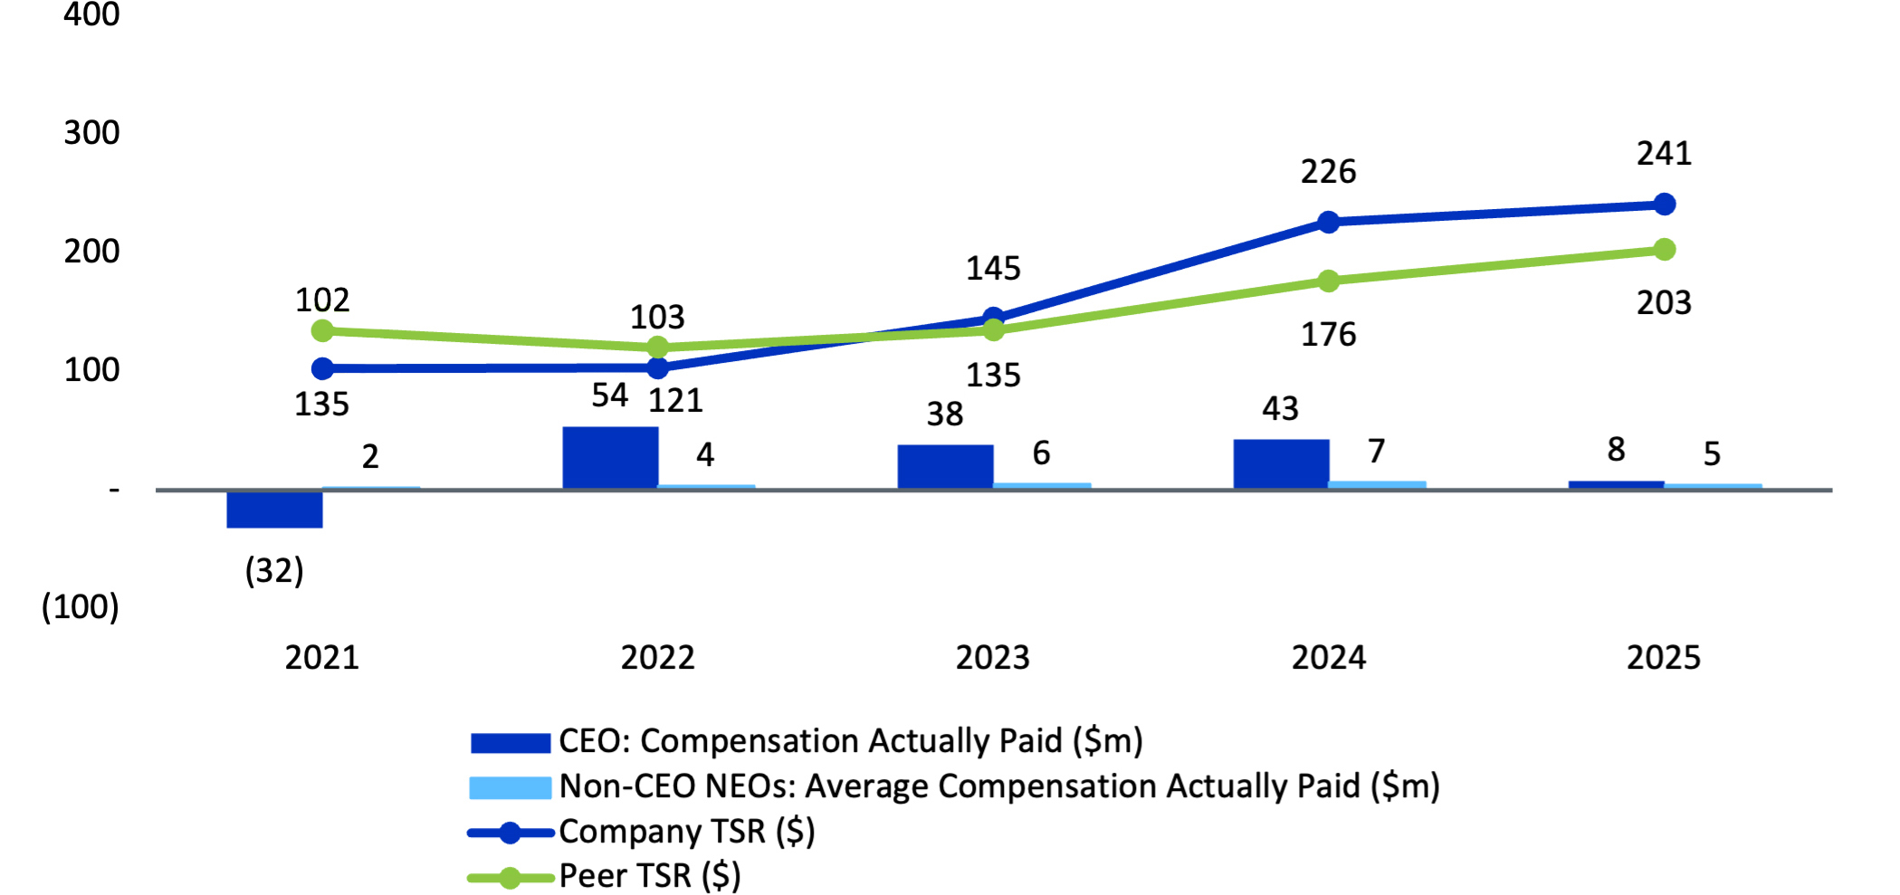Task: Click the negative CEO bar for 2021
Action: click(274, 509)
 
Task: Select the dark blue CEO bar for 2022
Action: click(610, 458)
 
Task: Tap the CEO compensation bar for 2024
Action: click(1281, 464)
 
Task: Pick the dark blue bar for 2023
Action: click(945, 467)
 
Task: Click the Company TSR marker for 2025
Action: click(1664, 205)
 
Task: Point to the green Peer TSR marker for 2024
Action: click(1328, 281)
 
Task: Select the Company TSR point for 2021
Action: click(322, 368)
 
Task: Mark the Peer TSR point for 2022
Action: click(658, 348)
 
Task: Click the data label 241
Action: click(1664, 154)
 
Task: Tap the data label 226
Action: click(1328, 172)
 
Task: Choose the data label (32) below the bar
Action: click(274, 571)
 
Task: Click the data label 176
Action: click(1328, 335)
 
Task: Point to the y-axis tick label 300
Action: click(91, 133)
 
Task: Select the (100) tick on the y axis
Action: click(80, 606)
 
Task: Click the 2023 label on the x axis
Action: click(992, 658)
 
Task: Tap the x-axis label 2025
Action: click(1663, 658)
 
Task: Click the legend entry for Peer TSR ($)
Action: click(649, 876)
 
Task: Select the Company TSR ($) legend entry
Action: click(686, 832)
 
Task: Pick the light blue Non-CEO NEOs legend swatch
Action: click(510, 787)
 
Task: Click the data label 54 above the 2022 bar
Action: click(609, 395)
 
